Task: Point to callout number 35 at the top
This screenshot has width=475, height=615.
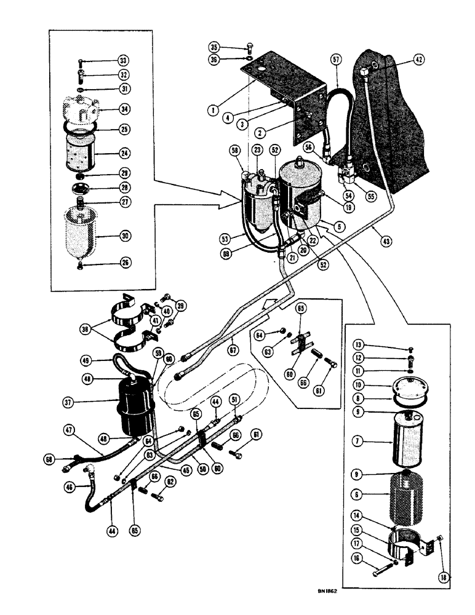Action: tap(214, 47)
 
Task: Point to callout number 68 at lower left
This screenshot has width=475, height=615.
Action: tap(48, 458)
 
